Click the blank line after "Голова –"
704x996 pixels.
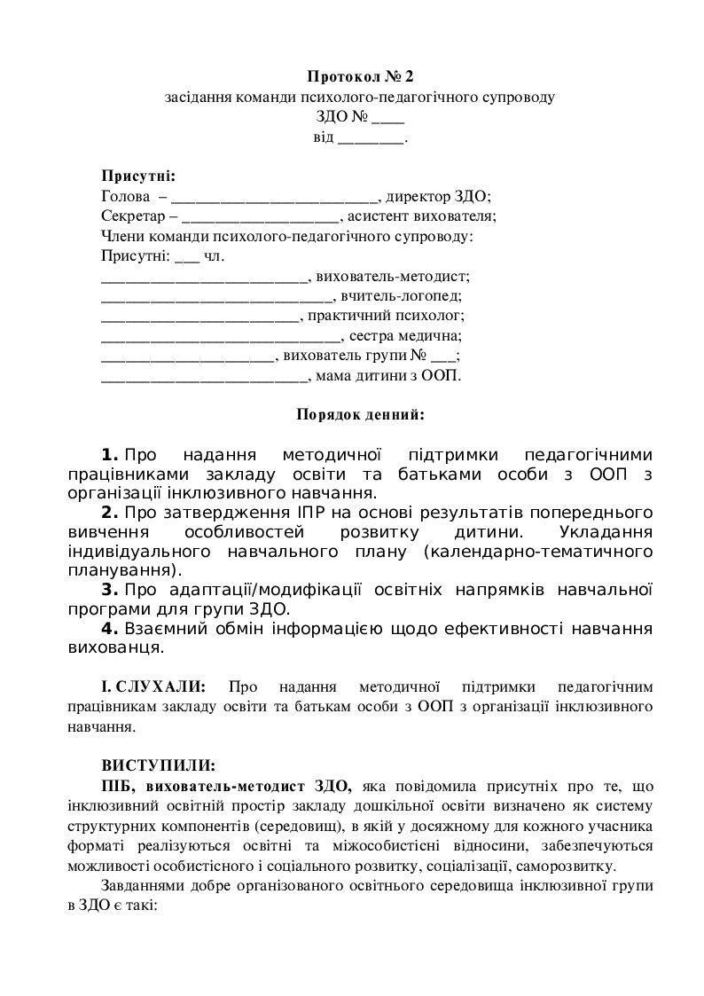coord(275,197)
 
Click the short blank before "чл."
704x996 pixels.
coord(188,257)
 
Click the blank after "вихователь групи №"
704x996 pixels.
coord(442,357)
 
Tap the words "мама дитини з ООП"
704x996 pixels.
coord(387,376)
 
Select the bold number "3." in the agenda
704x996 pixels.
coord(110,589)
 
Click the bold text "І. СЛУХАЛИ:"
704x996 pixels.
coord(154,686)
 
